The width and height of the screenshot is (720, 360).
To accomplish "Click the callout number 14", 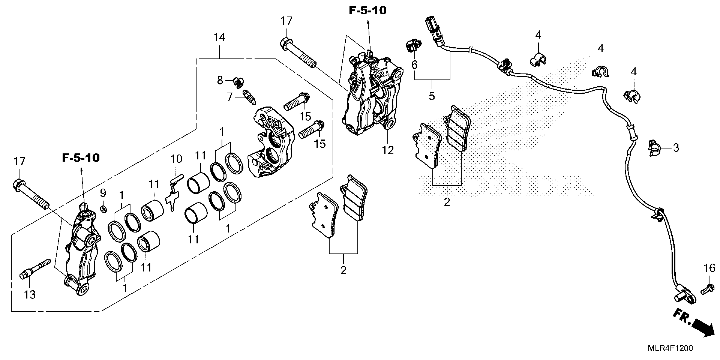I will [x=219, y=37].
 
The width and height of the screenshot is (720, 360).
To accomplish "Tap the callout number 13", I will [x=30, y=295].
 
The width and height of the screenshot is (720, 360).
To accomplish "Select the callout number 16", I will [x=709, y=268].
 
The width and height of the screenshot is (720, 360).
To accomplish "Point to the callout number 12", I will [x=388, y=151].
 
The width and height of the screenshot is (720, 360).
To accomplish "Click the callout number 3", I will [x=676, y=148].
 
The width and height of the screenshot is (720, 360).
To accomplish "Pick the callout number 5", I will [x=432, y=96].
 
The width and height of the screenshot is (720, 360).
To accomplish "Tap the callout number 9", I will [x=103, y=193].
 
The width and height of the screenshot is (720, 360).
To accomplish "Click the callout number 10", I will [x=176, y=159].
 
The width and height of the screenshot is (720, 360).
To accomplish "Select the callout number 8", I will [x=220, y=80].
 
